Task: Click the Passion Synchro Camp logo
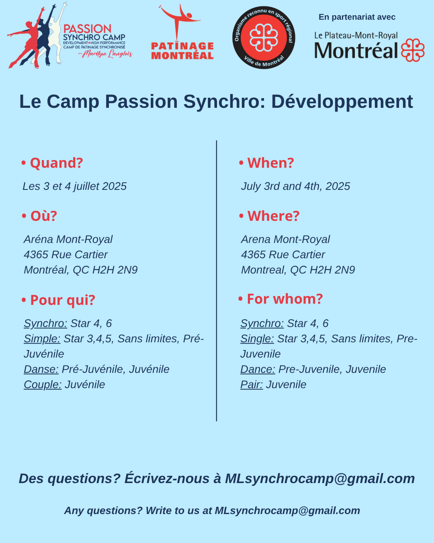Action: pos(70,36)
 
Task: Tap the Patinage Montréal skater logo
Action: pos(182,32)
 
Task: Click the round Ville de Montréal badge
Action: pos(264,37)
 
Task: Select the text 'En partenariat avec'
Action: pos(357,17)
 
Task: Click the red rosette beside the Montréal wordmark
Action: pos(413,50)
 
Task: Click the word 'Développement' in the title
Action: pos(342,102)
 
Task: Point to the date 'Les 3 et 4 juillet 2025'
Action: pos(75,187)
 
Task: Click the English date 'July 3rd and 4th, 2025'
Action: pos(295,187)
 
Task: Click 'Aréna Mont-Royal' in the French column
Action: pos(68,239)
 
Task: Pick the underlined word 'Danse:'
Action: pos(41,369)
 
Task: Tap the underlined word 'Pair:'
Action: pos(252,385)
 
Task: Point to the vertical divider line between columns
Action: pos(216,281)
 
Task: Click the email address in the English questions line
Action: pos(287,511)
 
